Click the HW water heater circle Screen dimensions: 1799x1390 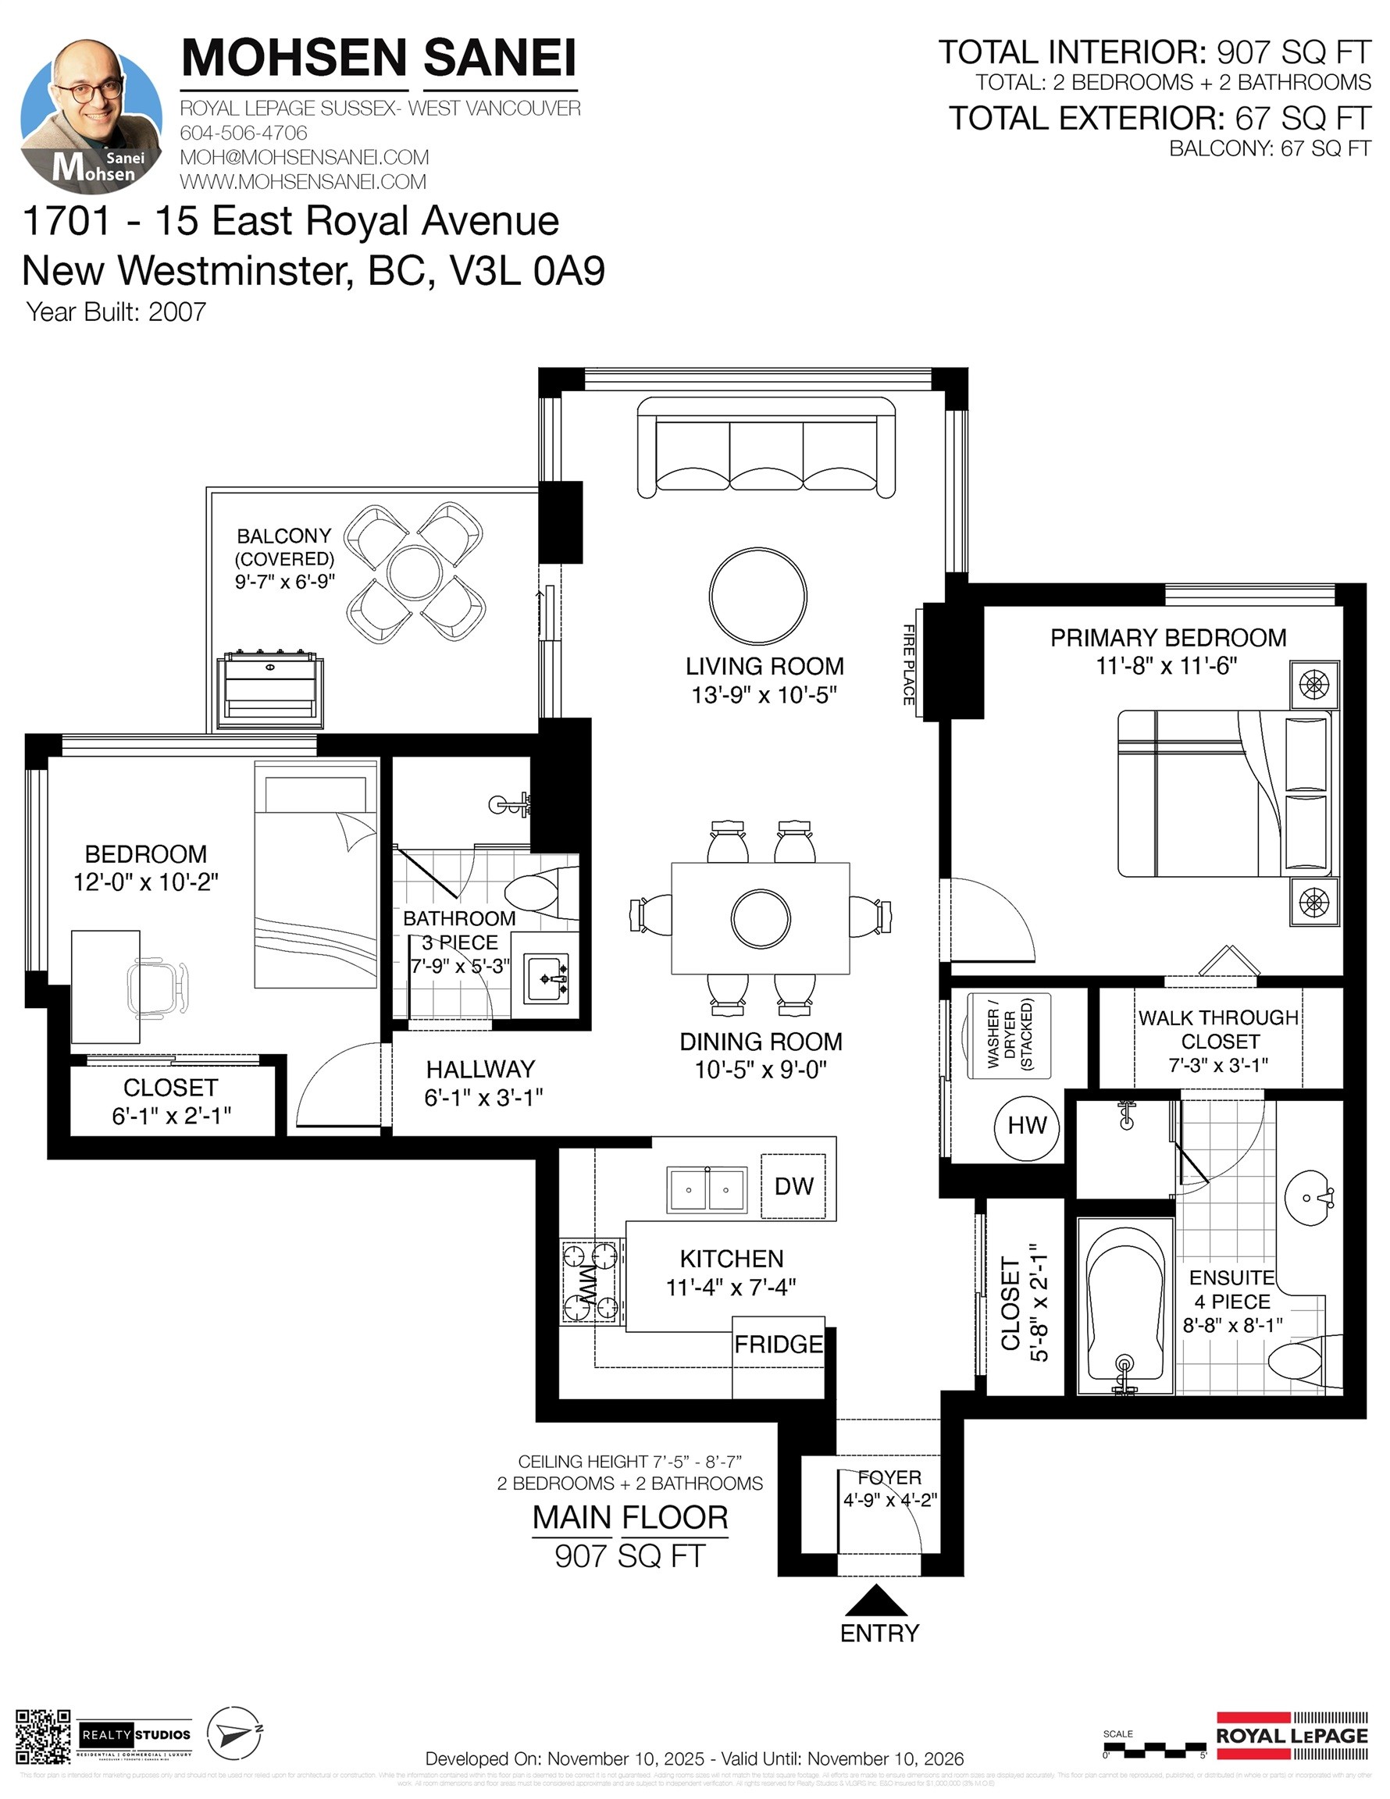(1027, 1125)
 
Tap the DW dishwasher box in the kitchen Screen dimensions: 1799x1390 (793, 1186)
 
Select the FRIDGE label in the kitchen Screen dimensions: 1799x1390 (778, 1345)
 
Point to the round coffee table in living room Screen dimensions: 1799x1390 (757, 597)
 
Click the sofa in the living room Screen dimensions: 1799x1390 (765, 448)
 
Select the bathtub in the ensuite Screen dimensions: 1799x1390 (1124, 1309)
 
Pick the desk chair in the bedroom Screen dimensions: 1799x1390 (159, 986)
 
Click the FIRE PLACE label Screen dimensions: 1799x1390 (909, 664)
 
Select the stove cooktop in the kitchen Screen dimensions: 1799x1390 (590, 1281)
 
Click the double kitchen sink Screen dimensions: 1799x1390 (706, 1190)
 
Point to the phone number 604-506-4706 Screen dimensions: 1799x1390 (243, 133)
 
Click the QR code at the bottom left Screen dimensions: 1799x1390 (43, 1737)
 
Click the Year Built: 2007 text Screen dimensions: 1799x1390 (116, 312)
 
